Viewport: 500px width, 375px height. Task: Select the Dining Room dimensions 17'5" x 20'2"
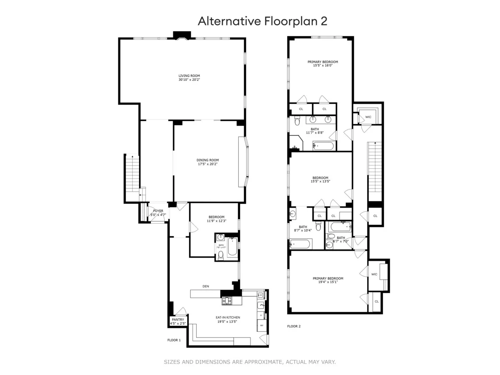click(x=208, y=164)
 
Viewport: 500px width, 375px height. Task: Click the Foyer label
click(x=158, y=211)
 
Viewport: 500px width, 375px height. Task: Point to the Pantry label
click(x=177, y=320)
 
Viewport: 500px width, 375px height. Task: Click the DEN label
click(x=205, y=286)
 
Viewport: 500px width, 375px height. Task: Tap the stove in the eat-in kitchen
click(x=228, y=301)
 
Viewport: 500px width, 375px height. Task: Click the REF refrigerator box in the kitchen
click(x=262, y=325)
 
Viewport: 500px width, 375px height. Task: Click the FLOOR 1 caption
click(x=174, y=340)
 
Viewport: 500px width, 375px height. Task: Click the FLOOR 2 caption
click(x=294, y=326)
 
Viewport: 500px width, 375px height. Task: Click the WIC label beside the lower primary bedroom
click(x=374, y=274)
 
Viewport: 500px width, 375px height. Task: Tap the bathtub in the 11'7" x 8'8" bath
click(x=323, y=146)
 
